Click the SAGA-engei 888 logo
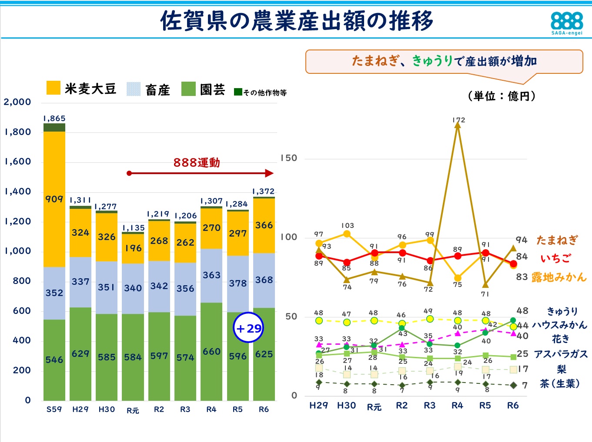(x=566, y=23)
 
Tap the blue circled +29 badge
(x=248, y=328)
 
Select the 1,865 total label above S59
(x=54, y=119)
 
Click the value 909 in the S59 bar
(x=54, y=199)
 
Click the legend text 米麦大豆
(x=90, y=89)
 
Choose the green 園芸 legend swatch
(x=188, y=89)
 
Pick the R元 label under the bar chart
(x=133, y=410)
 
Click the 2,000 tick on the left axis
(x=17, y=102)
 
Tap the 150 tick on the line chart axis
(x=289, y=158)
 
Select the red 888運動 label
(x=197, y=162)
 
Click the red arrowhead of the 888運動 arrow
(x=270, y=173)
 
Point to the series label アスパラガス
(x=561, y=354)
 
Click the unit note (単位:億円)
(x=502, y=96)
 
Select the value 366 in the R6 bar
(x=264, y=225)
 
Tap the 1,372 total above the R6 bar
(x=264, y=191)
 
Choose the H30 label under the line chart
(x=346, y=406)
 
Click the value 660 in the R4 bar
(x=211, y=351)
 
